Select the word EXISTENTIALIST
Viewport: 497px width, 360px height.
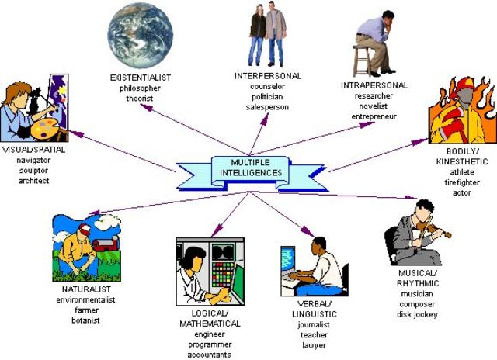tap(141, 78)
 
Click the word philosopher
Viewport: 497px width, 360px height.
tap(141, 88)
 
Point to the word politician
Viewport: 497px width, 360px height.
tap(267, 97)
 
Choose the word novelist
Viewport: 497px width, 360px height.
tap(373, 106)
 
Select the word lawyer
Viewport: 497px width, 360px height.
tap(315, 344)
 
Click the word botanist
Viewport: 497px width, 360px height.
tap(86, 320)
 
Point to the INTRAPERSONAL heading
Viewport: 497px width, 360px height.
tap(374, 85)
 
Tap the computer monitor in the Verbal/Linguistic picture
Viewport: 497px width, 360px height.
tap(288, 260)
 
